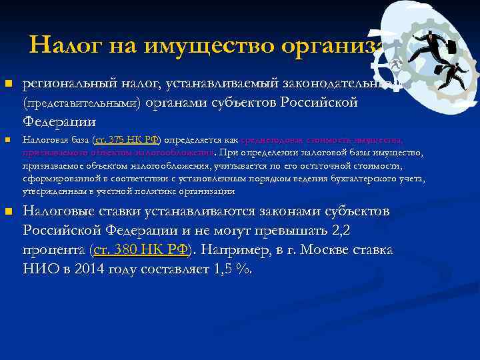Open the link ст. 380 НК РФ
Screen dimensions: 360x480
coord(141,250)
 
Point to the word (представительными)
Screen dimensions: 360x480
coord(81,103)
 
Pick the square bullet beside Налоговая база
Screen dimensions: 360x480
coord(8,140)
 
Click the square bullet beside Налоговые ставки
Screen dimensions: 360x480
coord(8,212)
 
